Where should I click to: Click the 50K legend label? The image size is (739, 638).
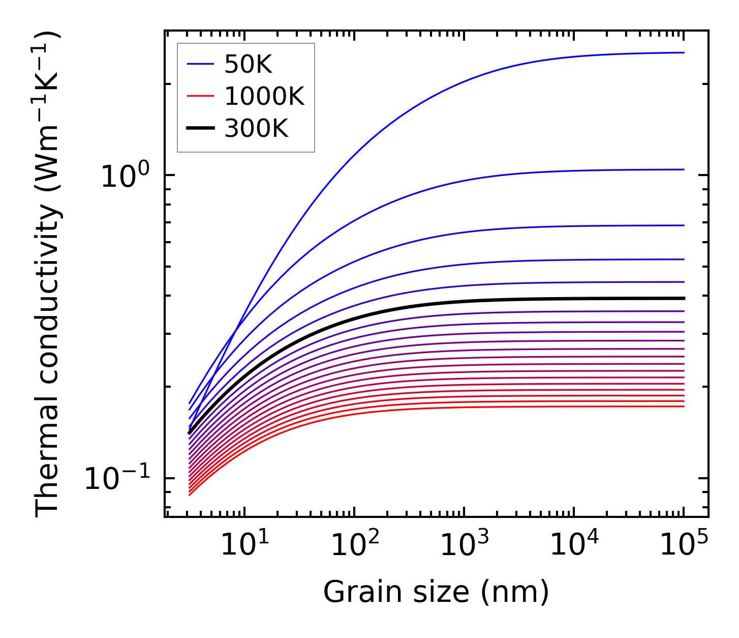click(248, 65)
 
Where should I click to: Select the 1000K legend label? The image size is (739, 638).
click(264, 97)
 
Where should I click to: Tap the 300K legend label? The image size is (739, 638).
click(256, 129)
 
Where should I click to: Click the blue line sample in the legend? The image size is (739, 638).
click(201, 64)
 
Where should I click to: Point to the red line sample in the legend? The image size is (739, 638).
click(201, 97)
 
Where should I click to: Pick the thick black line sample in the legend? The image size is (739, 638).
click(201, 129)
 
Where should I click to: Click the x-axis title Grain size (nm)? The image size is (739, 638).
click(436, 592)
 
